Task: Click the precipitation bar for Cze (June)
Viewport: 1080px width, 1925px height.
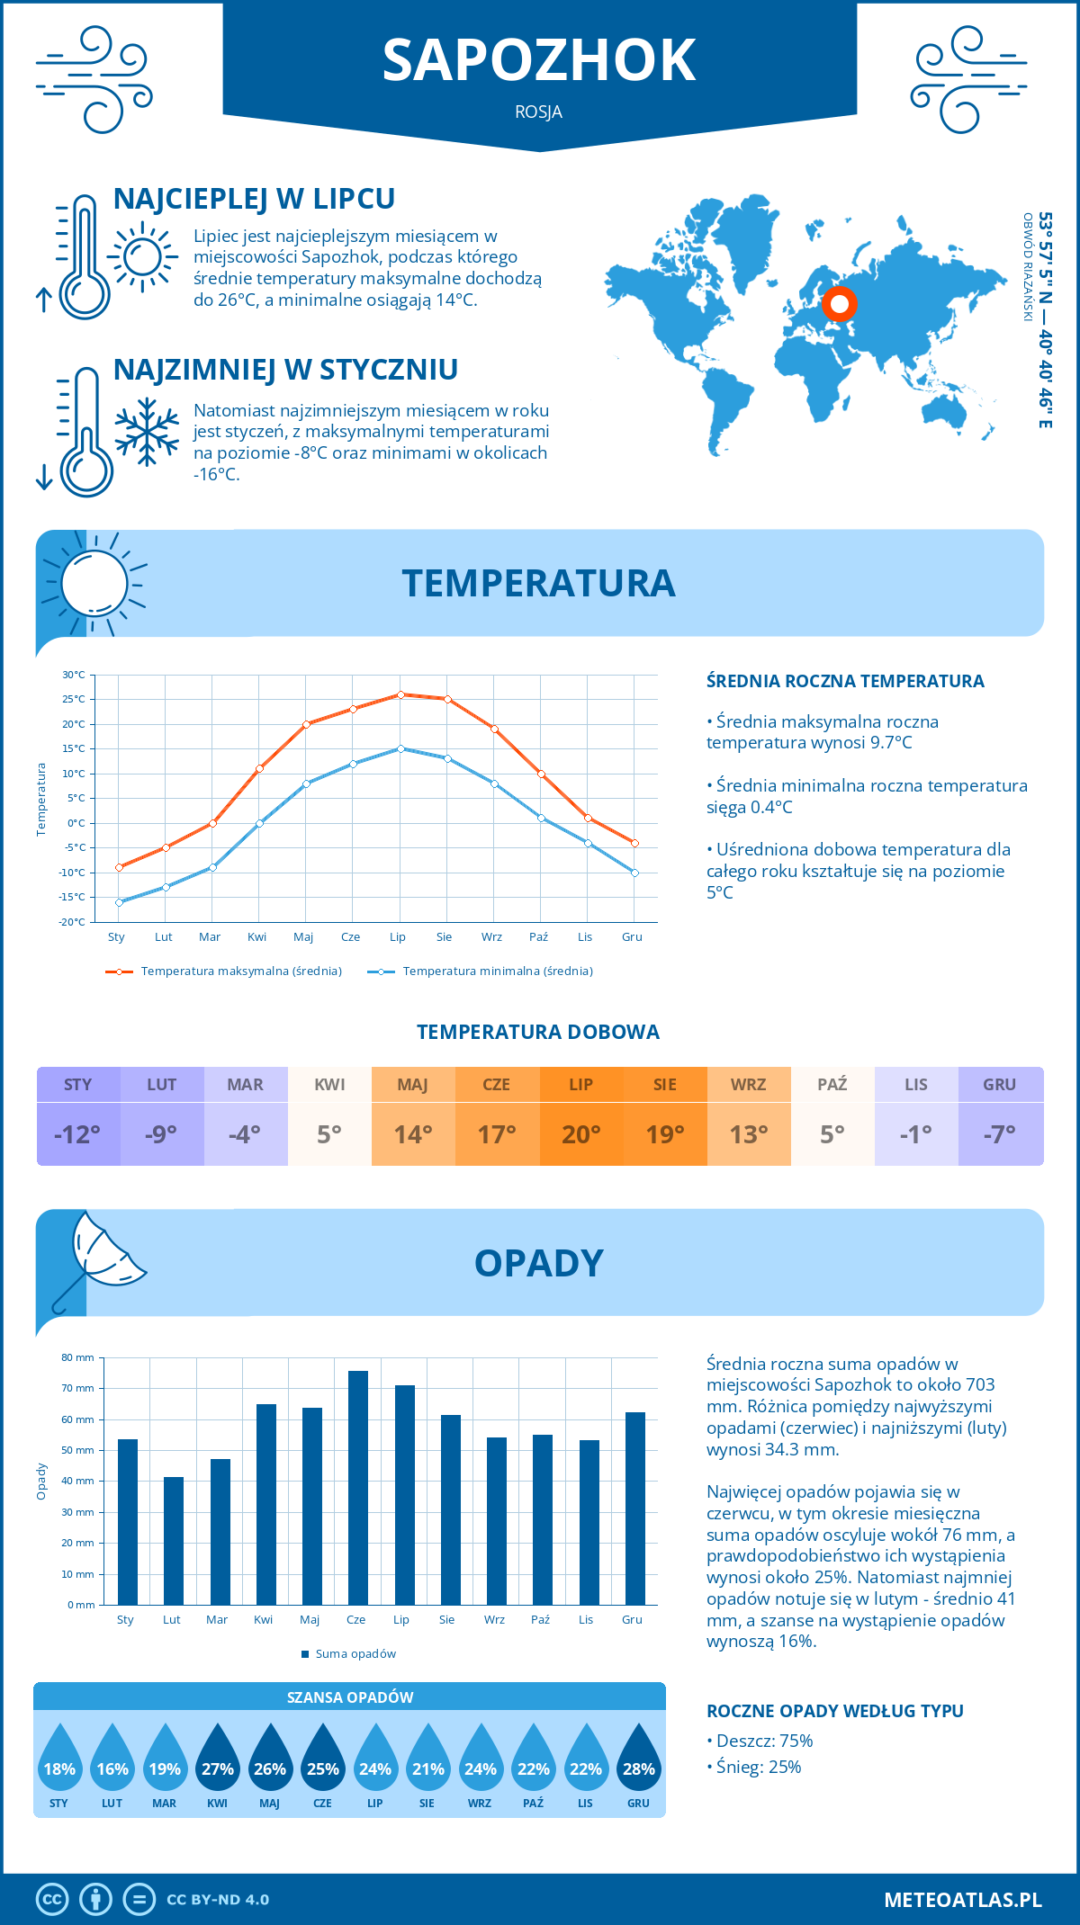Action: coord(358,1488)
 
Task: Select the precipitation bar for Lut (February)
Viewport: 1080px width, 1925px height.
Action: coord(174,1541)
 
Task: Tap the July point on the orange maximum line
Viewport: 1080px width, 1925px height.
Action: coord(400,694)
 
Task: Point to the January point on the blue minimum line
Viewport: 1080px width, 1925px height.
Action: coord(119,902)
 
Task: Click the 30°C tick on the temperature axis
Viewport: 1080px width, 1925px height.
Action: coord(74,675)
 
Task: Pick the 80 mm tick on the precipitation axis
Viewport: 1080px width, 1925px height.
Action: coord(78,1357)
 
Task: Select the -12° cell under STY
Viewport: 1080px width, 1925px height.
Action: coord(77,1134)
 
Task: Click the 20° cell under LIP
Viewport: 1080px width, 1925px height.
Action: coord(580,1134)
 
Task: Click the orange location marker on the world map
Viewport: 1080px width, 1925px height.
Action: coord(839,304)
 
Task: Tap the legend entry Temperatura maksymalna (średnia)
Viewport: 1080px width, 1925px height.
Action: coord(240,971)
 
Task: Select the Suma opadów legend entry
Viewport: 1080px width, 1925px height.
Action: coord(355,1654)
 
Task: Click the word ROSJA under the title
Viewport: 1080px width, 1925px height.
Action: coord(539,112)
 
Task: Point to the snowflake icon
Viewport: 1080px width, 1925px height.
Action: coord(147,432)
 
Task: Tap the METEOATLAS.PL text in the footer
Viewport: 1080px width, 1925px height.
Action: coord(962,1900)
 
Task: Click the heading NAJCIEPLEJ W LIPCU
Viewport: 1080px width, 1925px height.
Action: coord(254,199)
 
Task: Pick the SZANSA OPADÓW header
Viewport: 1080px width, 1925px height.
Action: coord(350,1697)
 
